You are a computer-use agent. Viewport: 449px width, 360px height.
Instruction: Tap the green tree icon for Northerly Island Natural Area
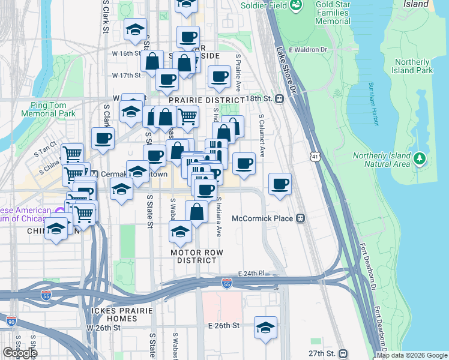point(420,160)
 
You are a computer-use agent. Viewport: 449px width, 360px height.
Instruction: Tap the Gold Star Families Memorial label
point(324,13)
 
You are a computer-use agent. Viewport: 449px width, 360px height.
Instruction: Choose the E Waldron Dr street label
point(307,50)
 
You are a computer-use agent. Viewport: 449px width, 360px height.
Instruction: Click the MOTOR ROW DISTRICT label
point(193,256)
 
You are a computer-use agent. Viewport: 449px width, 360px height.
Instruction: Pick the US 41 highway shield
point(315,157)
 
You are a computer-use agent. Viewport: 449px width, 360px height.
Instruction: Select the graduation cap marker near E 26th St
point(265,328)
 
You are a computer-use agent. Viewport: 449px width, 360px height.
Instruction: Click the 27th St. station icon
point(343,353)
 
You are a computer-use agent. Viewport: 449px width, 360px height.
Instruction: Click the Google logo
point(20,353)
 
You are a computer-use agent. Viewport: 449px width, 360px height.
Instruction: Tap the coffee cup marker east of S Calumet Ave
point(280,184)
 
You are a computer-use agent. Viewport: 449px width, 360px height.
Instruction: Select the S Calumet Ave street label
point(261,132)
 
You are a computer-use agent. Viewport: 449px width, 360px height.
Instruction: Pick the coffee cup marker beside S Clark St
point(103,138)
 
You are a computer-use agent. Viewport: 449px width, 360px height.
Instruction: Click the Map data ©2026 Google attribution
point(412,355)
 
